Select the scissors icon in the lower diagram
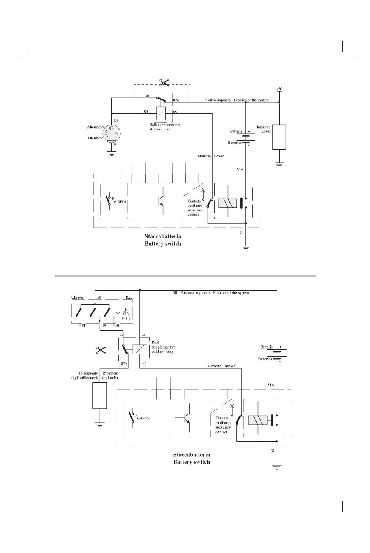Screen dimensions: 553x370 (x=100, y=350)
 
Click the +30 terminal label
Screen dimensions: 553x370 (x=279, y=89)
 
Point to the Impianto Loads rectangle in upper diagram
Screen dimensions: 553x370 (x=279, y=137)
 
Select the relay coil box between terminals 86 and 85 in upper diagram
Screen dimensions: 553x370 (x=161, y=113)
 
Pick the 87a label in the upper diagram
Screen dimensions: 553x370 (x=176, y=100)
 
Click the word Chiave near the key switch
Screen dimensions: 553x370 (x=77, y=298)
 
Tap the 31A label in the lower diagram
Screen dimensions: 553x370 (x=271, y=384)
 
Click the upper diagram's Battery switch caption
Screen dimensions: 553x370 (x=163, y=244)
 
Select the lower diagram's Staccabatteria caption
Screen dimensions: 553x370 (x=191, y=454)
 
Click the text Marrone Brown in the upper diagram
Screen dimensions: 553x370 (x=211, y=156)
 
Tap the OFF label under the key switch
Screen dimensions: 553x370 (x=82, y=326)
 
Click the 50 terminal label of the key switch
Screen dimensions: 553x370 (x=118, y=326)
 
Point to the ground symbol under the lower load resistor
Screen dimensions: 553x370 (x=99, y=425)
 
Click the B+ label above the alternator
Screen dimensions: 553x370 (x=116, y=120)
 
